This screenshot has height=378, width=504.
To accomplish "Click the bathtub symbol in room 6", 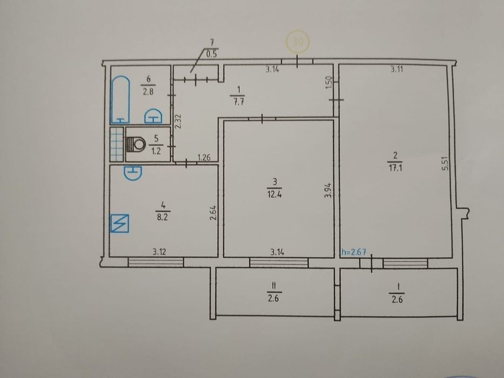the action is coord(120,100).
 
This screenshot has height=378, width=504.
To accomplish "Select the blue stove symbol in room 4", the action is coord(119,223).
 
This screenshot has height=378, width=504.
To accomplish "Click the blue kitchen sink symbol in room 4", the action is coord(132,173).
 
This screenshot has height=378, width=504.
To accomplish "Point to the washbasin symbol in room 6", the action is coord(153,116).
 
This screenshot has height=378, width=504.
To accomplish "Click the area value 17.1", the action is coord(395,168).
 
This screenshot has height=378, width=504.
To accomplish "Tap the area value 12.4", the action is coord(274,194).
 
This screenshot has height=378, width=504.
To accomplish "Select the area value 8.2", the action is coord(163,217).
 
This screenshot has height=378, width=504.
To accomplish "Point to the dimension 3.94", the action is coord(327,190).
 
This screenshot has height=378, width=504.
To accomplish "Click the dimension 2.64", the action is coord(213,213).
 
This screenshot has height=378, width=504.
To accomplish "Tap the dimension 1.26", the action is coord(204,158).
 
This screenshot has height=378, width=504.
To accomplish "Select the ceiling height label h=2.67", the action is coord(354,252).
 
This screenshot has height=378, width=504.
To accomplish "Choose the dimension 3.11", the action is coord(397,69).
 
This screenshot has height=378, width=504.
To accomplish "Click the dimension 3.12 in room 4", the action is coord(159,252).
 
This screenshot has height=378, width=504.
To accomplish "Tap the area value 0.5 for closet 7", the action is coord(212,55).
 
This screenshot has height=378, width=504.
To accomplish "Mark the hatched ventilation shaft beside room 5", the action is coord(117,144).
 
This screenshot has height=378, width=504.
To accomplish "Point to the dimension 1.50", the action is coord(328,83).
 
